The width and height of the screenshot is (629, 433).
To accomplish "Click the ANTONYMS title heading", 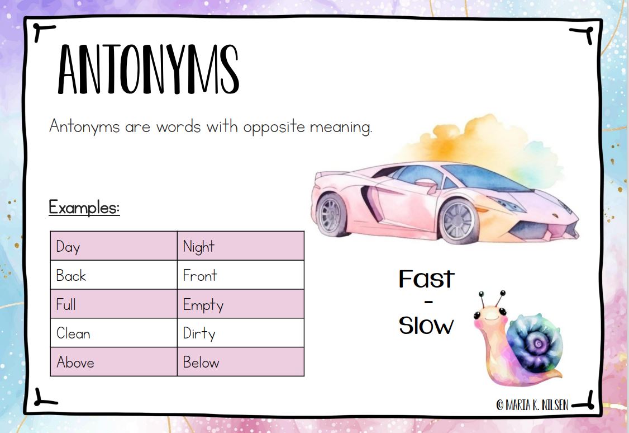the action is click(149, 69).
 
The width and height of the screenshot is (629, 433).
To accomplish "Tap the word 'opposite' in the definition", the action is click(274, 128).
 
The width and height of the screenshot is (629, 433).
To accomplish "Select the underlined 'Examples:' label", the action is click(84, 208).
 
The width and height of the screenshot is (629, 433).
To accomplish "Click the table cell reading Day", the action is click(113, 246).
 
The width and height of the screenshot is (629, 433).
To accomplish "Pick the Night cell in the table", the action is click(241, 246).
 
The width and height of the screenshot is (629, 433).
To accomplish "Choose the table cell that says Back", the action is click(113, 275).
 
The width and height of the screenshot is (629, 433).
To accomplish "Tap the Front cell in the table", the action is click(241, 275).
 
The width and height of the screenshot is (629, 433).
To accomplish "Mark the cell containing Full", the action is click(113, 304).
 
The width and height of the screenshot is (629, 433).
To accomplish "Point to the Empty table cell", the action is click(241, 304).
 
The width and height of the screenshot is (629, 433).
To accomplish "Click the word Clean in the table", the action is click(73, 333).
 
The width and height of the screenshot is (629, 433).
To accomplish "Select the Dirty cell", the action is click(241, 333).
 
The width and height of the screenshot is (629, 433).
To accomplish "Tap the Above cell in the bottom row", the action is click(113, 361).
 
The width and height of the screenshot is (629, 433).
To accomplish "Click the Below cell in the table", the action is click(241, 361).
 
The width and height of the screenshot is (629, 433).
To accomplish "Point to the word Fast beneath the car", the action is click(426, 279).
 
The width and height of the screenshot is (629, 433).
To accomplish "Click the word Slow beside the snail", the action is click(426, 325).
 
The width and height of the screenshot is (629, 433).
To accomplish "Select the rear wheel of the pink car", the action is click(332, 215).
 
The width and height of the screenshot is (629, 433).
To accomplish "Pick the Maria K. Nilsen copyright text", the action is click(532, 404).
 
